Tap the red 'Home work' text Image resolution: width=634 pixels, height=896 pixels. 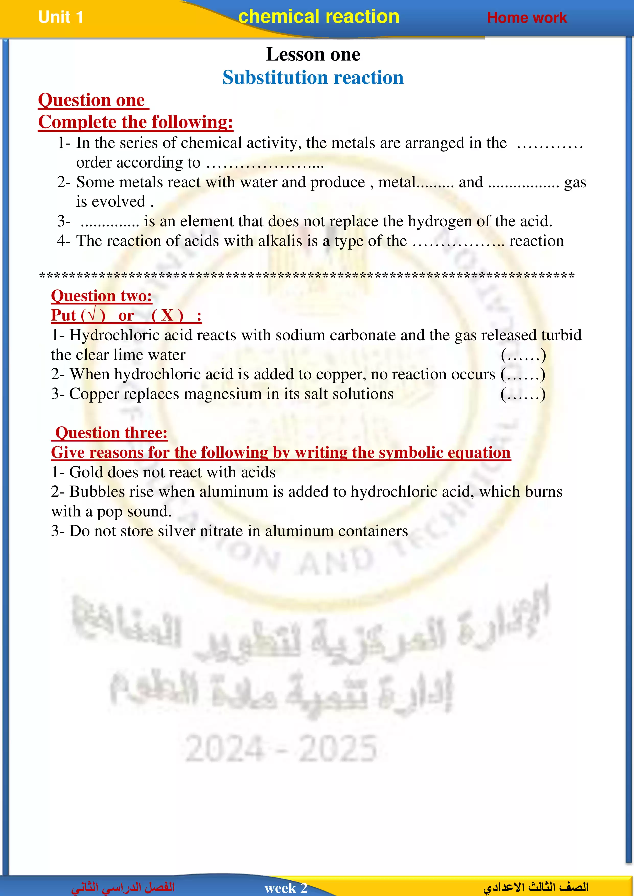(527, 18)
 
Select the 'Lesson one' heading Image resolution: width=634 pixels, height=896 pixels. (313, 54)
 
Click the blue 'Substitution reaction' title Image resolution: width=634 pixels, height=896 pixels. (313, 78)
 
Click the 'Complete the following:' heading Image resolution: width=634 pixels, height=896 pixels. (135, 122)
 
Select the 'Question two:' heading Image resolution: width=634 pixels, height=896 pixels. (101, 296)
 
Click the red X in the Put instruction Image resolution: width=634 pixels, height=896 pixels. (167, 315)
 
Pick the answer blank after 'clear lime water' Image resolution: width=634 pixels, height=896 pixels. (523, 355)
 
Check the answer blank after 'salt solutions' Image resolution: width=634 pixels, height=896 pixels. (523, 394)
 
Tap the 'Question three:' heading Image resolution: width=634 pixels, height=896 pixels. (111, 433)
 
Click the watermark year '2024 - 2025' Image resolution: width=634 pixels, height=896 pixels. (281, 748)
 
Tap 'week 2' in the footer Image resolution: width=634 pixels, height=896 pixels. (286, 888)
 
